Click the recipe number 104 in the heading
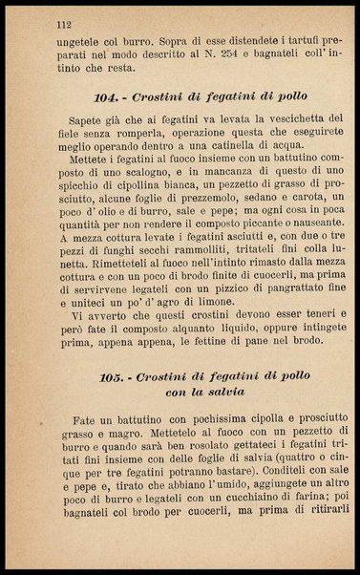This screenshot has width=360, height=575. click(x=109, y=98)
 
